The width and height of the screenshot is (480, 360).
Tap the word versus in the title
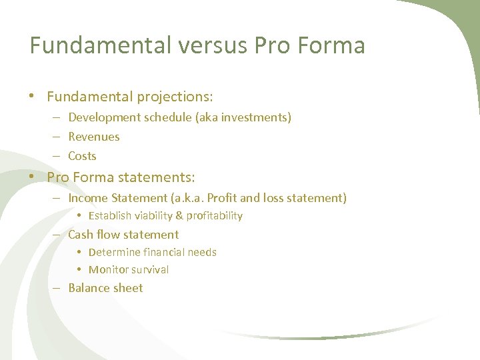pos(218,45)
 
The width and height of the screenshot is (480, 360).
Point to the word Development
pos(102,117)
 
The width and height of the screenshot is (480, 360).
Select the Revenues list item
pos(94,137)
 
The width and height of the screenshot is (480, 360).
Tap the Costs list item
pos(82,156)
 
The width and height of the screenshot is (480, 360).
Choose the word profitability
pos(214,216)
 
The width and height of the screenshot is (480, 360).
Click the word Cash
pos(81,235)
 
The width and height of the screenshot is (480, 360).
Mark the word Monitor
pos(109,270)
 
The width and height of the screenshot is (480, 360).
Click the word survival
pos(151,270)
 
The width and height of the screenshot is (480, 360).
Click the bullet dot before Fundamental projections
pos(31,96)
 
